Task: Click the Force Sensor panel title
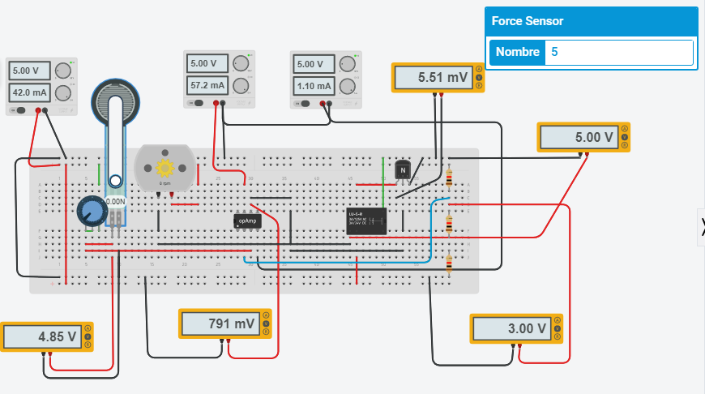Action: click(528, 21)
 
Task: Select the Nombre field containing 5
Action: click(619, 52)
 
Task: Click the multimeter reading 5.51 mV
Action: click(442, 78)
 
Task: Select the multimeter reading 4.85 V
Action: click(47, 336)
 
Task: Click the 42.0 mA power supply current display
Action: click(31, 92)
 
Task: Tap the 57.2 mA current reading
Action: click(208, 84)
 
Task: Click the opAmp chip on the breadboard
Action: click(246, 221)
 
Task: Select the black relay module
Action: click(365, 221)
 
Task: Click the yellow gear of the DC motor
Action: click(164, 168)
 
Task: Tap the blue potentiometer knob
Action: click(92, 212)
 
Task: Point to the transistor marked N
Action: click(403, 170)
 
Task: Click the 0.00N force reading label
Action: click(115, 201)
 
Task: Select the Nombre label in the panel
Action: click(517, 52)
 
